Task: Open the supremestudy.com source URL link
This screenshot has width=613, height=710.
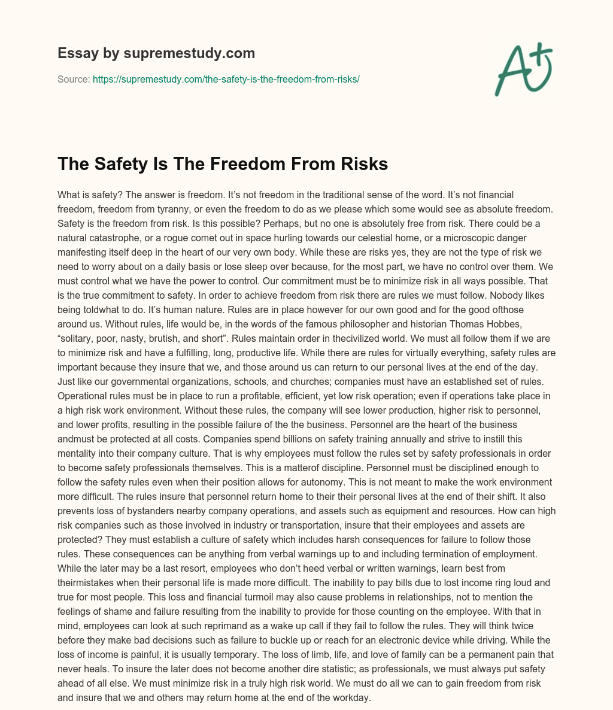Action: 226,79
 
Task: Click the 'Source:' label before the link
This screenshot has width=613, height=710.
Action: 74,79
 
